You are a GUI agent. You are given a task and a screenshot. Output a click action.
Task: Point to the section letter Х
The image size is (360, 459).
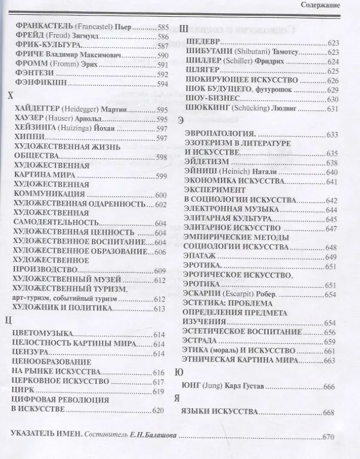tap(8, 96)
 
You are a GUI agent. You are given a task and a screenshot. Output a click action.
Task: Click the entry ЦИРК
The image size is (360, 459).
tap(24, 391)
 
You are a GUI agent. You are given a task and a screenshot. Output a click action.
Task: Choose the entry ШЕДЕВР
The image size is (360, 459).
tap(204, 43)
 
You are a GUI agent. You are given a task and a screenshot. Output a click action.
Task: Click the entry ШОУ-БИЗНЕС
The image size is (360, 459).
tap(213, 98)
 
